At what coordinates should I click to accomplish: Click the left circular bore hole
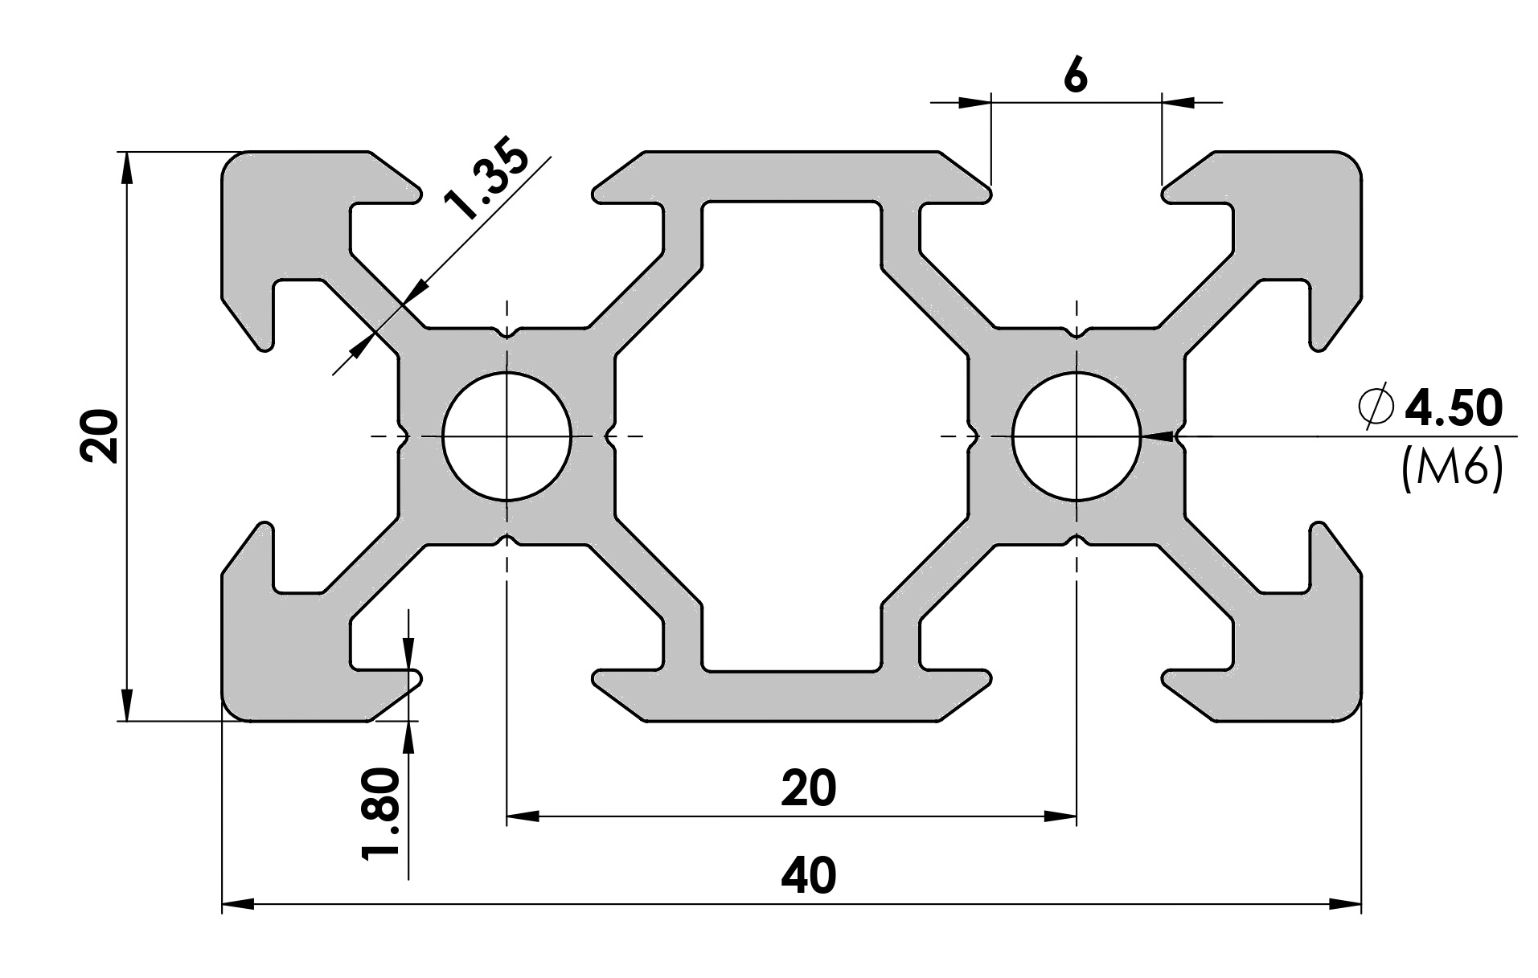coord(507,436)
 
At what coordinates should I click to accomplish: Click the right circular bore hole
coord(1077,436)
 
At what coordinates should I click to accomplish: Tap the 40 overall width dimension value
coord(808,876)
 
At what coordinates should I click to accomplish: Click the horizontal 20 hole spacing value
coord(808,789)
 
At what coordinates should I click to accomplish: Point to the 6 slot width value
coord(1075,77)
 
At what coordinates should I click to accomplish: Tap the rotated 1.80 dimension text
coord(380,814)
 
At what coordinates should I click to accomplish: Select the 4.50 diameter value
coord(1452,408)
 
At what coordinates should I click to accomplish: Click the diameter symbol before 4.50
coord(1376,408)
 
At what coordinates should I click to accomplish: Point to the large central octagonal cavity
coord(792,436)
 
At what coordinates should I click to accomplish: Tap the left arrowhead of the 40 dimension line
coord(237,904)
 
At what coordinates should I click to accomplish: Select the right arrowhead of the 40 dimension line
coord(1346,904)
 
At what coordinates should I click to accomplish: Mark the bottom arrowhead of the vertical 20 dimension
coord(125,705)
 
